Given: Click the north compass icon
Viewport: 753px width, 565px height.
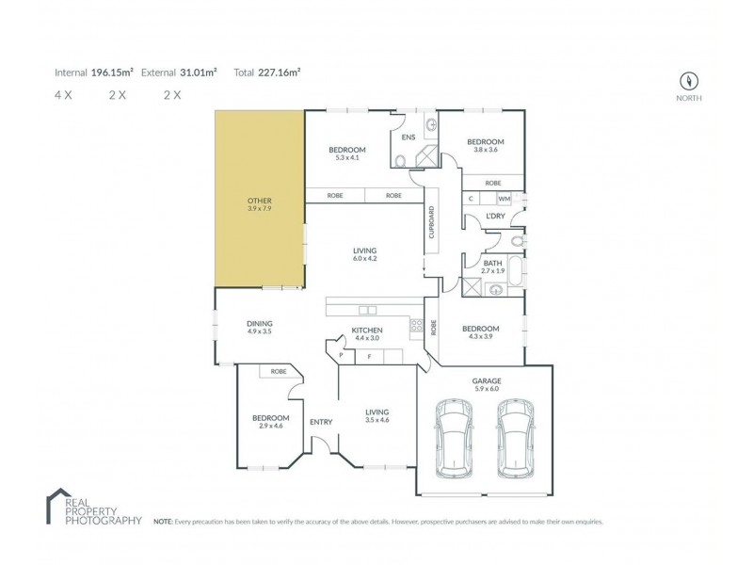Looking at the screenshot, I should click(x=692, y=80).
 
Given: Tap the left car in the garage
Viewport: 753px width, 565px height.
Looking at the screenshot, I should click(x=452, y=440).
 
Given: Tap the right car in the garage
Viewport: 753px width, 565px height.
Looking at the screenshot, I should click(x=516, y=440).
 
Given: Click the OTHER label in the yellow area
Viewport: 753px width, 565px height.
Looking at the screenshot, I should click(x=259, y=201).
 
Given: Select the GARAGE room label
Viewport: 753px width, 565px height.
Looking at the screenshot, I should click(x=486, y=381).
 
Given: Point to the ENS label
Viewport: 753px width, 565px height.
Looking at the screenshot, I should click(x=409, y=137).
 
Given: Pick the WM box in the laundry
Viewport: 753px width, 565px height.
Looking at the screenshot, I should click(x=504, y=199).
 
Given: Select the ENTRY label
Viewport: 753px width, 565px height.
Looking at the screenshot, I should click(x=321, y=421).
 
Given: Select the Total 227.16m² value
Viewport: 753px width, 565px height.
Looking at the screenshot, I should click(x=281, y=72).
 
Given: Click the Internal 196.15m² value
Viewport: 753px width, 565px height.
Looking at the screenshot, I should click(x=112, y=72).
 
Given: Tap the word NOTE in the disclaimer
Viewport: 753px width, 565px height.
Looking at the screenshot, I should click(x=161, y=520).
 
